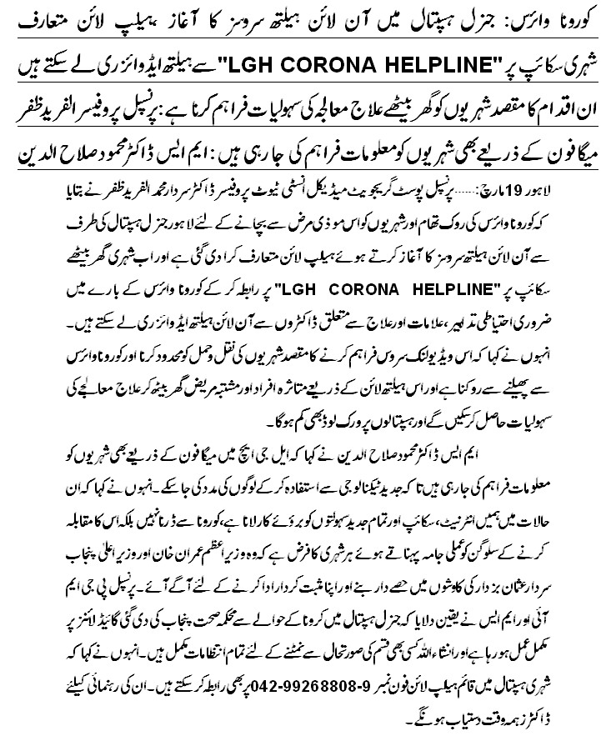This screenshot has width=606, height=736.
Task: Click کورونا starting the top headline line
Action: (x=566, y=18)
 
